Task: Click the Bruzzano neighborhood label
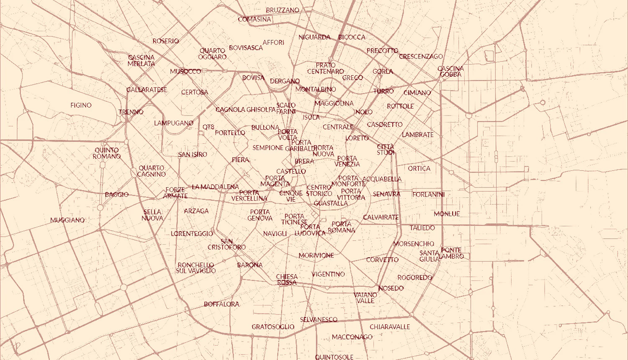[283, 10]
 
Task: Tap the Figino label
[81, 105]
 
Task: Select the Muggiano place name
[67, 220]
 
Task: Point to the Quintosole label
[334, 357]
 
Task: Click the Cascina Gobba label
[450, 71]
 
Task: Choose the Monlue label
[447, 213]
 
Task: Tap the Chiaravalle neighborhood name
[390, 327]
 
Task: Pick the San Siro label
[193, 154]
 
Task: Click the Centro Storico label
[319, 190]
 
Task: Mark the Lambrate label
[418, 134]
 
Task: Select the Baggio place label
[117, 194]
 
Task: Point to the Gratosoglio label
[273, 327]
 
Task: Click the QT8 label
[208, 127]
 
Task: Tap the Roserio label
[166, 41]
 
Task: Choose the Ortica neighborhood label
[419, 168]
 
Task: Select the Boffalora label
[221, 304]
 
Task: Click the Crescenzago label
[421, 56]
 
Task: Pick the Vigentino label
[328, 274]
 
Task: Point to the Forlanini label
[428, 194]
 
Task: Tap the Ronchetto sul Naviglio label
[196, 268]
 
